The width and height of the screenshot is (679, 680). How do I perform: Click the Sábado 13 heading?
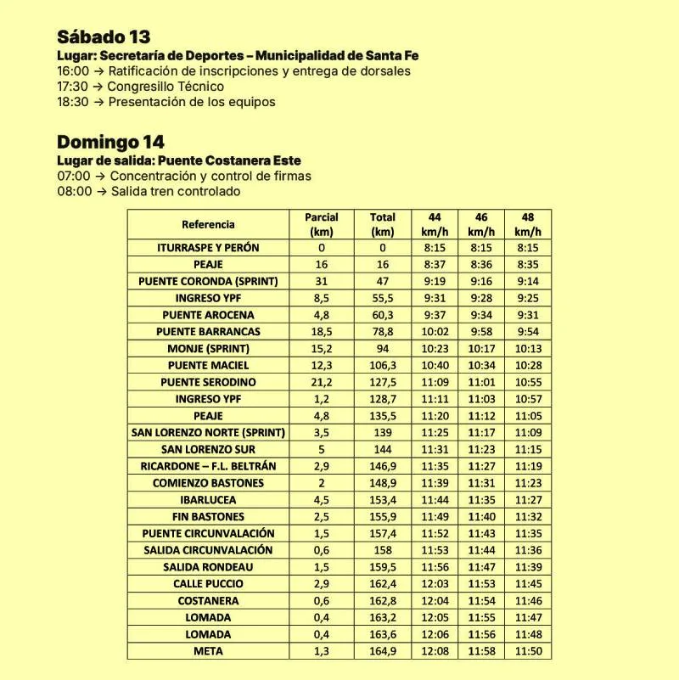pyautogui.click(x=104, y=37)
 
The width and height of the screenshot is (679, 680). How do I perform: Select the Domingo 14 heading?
pyautogui.click(x=110, y=142)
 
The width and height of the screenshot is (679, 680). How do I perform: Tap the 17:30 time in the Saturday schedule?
pyautogui.click(x=72, y=87)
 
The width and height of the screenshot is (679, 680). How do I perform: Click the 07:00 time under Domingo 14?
pyautogui.click(x=72, y=177)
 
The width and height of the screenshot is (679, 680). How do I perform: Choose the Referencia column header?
pyautogui.click(x=208, y=224)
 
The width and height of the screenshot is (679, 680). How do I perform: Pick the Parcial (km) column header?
pyautogui.click(x=322, y=224)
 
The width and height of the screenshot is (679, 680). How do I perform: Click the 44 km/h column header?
pyautogui.click(x=435, y=224)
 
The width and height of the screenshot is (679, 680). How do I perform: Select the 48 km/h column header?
pyautogui.click(x=528, y=224)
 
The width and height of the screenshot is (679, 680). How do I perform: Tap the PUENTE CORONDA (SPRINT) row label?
pyautogui.click(x=208, y=281)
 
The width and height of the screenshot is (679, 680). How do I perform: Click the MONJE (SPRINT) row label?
pyautogui.click(x=208, y=348)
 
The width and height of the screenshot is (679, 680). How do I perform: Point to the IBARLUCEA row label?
pyautogui.click(x=208, y=500)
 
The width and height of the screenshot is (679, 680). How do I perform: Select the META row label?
pyautogui.click(x=208, y=651)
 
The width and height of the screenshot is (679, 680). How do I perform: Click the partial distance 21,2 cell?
pyautogui.click(x=322, y=382)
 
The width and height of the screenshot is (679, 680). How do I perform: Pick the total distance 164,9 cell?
pyautogui.click(x=383, y=651)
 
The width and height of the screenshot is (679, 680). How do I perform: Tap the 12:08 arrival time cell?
pyautogui.click(x=435, y=651)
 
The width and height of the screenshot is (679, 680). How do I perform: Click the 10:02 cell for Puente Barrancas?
pyautogui.click(x=435, y=332)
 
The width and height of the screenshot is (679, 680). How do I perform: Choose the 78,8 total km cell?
pyautogui.click(x=383, y=332)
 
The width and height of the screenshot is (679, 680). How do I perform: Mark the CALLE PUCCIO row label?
pyautogui.click(x=208, y=584)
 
